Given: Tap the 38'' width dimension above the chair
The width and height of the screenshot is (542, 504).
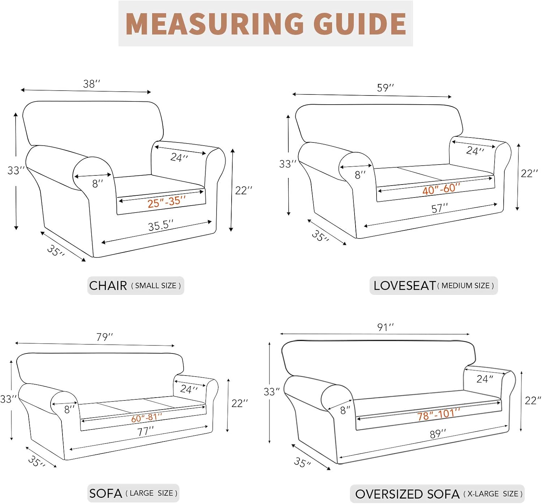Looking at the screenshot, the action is tap(92, 84).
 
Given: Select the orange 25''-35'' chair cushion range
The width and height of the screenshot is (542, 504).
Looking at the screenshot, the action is tap(167, 202).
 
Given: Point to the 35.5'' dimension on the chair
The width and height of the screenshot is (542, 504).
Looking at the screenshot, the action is tap(161, 225).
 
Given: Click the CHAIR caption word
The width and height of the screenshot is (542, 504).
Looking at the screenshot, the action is tap(108, 285).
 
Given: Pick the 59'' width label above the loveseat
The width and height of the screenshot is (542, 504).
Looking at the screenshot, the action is tap(385, 88).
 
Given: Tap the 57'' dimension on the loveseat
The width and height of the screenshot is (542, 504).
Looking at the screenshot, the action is tap(440, 208).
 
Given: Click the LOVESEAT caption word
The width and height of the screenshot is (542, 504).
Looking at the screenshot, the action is tap(404, 285).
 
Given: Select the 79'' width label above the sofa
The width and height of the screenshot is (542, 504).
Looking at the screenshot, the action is tap(104, 337).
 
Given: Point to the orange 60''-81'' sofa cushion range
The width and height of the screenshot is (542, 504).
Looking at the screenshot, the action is tap(147, 418).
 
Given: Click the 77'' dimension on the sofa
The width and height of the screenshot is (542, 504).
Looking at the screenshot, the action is tap(146, 432).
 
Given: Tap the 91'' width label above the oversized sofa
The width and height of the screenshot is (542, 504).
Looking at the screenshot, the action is tap(385, 327).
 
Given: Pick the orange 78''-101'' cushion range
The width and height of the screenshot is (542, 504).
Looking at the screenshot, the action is tap(439, 415).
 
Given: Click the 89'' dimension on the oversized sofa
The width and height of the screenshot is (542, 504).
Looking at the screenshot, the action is tap(438, 434).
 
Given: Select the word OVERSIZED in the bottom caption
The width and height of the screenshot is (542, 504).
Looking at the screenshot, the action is tap(388, 494).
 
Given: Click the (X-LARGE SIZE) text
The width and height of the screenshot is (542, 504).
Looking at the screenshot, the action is tap(493, 494).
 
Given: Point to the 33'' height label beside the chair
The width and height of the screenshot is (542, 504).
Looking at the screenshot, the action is tap(16, 170).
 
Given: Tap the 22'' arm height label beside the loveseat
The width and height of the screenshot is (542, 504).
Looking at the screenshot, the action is tap(529, 173).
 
